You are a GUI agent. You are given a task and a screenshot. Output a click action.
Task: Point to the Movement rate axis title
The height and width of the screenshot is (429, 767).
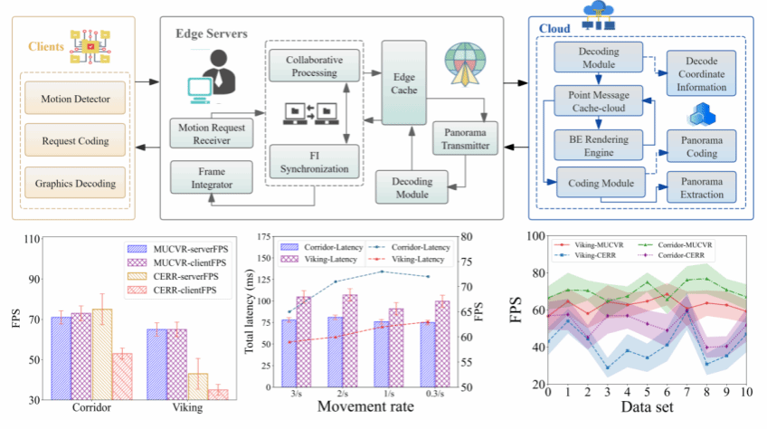tap(365, 406)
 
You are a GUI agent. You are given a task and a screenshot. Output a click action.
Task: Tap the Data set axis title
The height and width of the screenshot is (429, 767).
tap(646, 408)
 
